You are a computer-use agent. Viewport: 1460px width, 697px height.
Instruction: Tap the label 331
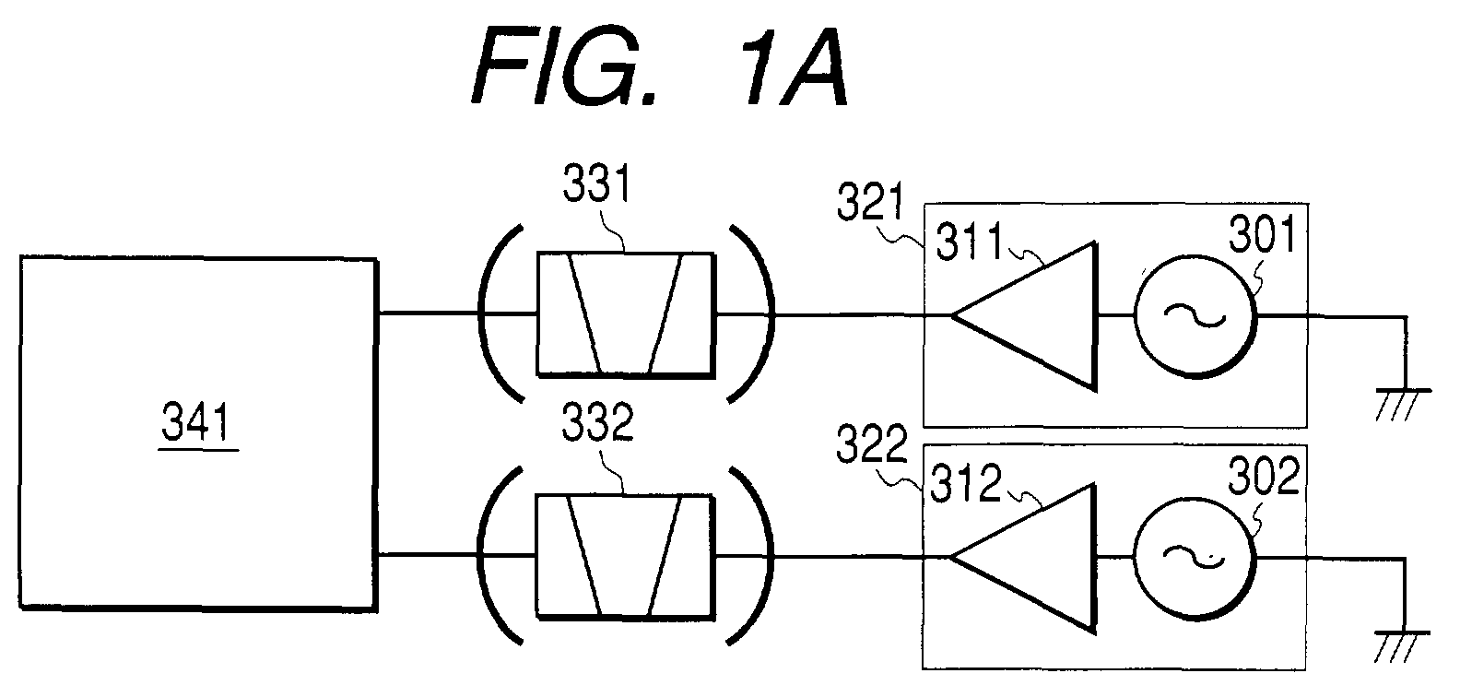tap(597, 183)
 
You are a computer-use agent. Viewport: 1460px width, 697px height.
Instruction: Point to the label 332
tap(597, 422)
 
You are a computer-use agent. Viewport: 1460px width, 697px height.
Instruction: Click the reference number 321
tap(871, 202)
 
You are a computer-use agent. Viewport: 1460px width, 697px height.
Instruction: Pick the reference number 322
tap(871, 443)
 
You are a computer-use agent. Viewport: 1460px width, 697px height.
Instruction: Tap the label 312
tap(965, 483)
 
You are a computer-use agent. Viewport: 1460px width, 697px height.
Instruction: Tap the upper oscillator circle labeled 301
tap(1195, 317)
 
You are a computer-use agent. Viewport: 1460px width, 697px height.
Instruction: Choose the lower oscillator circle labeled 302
tap(1195, 559)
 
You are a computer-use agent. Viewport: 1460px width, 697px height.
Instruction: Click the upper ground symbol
tap(1403, 404)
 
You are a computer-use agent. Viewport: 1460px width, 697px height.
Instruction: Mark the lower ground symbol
tap(1401, 646)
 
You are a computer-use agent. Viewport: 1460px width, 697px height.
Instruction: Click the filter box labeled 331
tap(626, 314)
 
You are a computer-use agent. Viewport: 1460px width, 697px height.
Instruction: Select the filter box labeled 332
tap(625, 557)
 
